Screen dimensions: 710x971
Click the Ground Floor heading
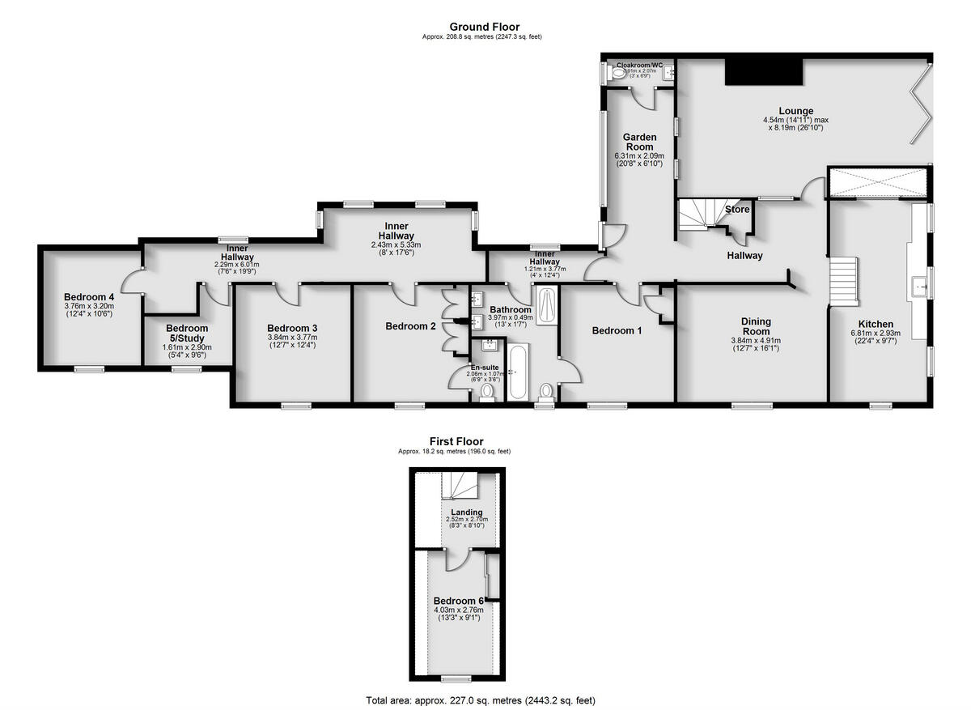(485, 27)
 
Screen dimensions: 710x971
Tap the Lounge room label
(795, 111)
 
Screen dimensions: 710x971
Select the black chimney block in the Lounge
(764, 71)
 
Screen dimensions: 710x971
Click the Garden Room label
(639, 142)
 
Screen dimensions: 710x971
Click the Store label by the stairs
(737, 210)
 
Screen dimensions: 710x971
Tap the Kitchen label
(876, 324)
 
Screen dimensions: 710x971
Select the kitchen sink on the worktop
(919, 286)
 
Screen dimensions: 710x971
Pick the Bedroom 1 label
(617, 330)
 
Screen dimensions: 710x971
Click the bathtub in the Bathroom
(518, 372)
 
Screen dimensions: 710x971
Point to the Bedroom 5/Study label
(187, 334)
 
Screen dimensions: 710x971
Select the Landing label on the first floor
(467, 512)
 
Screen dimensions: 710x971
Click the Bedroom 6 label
(458, 600)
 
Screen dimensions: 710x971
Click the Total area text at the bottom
(485, 700)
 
